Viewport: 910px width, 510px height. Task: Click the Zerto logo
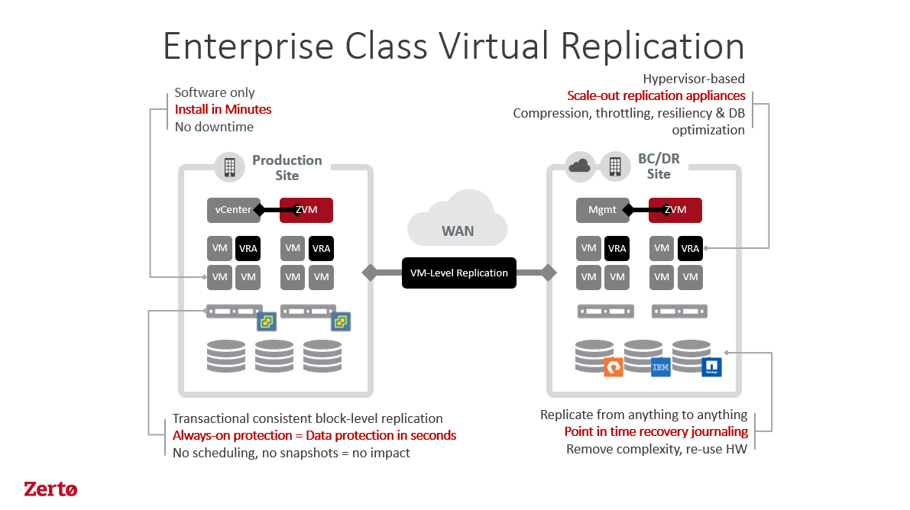click(x=50, y=489)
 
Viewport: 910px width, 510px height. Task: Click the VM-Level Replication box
click(x=459, y=273)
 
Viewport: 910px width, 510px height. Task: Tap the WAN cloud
click(x=457, y=221)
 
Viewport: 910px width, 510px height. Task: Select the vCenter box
click(x=232, y=209)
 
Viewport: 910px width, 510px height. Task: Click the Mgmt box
click(x=602, y=209)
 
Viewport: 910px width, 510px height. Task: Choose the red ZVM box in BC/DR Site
click(x=675, y=209)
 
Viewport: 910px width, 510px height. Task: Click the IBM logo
click(x=660, y=367)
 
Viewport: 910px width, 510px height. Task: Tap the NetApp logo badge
click(x=711, y=367)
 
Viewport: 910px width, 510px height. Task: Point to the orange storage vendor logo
click(x=613, y=367)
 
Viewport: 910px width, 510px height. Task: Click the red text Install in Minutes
click(x=222, y=109)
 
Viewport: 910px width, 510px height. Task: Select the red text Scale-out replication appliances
click(x=656, y=95)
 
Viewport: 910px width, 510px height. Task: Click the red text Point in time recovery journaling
click(x=655, y=432)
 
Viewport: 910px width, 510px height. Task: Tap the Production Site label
click(x=287, y=167)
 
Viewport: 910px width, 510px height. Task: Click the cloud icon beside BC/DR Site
click(x=580, y=165)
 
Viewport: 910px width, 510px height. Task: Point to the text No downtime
click(x=214, y=127)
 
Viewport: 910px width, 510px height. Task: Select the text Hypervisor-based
click(x=693, y=79)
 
